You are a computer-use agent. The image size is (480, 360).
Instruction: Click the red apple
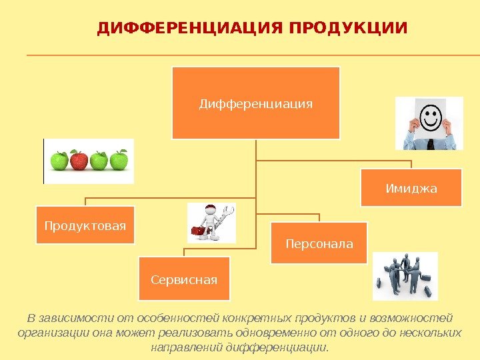[x=79, y=161]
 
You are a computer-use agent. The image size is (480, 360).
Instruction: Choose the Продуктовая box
[x=85, y=225]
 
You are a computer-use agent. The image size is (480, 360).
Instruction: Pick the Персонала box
[x=319, y=243]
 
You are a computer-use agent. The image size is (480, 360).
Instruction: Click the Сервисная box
[x=184, y=279]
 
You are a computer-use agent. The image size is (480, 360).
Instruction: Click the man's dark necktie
[x=431, y=143]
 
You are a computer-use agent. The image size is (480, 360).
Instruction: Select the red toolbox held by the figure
[x=198, y=231]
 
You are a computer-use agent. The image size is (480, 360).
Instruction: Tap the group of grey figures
[x=405, y=276]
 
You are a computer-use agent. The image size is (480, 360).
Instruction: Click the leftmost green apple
[x=59, y=161]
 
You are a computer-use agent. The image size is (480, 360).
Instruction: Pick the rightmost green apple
[x=119, y=161]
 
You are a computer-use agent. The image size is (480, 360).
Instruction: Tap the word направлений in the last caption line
[x=187, y=348]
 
